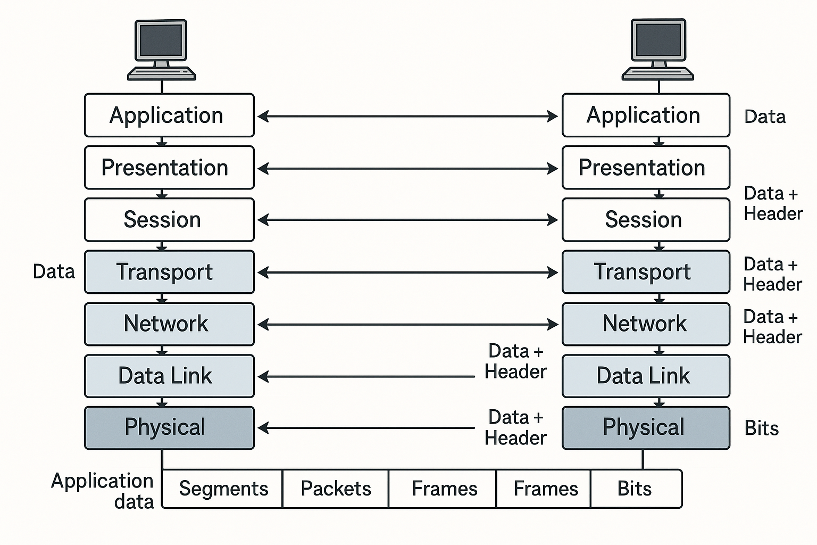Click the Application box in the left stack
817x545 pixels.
[x=169, y=115]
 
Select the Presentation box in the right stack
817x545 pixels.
[x=646, y=168]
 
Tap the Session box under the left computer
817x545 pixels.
[x=169, y=220]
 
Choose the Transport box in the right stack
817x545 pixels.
[x=646, y=272]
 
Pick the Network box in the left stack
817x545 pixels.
[x=169, y=324]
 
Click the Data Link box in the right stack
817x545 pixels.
[x=646, y=376]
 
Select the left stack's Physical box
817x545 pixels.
[x=169, y=428]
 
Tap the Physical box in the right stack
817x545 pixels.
[x=646, y=428]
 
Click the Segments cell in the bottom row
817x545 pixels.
[x=223, y=489]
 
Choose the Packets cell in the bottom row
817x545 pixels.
[x=336, y=489]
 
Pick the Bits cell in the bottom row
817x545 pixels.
[x=635, y=489]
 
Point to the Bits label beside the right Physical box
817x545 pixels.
[x=761, y=428]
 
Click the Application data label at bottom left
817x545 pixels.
[x=103, y=491]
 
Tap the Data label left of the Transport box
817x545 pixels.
[x=54, y=271]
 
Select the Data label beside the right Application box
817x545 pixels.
[x=764, y=117]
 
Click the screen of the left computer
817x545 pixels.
[x=161, y=40]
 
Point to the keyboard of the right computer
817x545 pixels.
[x=658, y=73]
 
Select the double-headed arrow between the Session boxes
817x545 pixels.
[x=407, y=220]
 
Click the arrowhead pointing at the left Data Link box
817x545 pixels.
[x=263, y=377]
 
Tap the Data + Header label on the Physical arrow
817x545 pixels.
[x=515, y=427]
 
